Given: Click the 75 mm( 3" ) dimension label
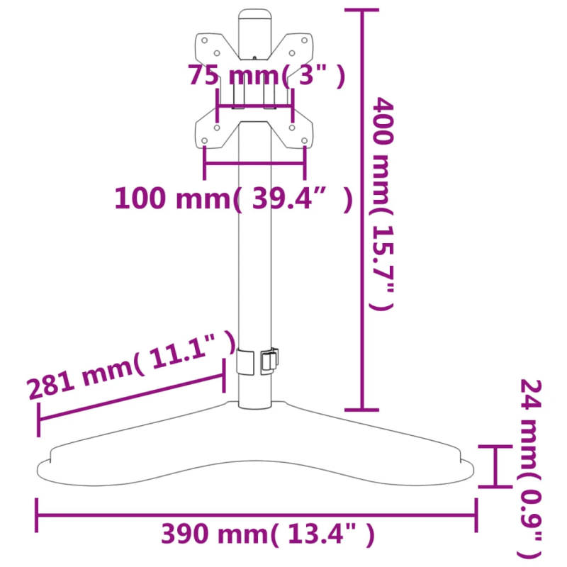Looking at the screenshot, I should pos(266,76).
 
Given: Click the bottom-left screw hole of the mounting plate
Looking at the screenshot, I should pos(206,140).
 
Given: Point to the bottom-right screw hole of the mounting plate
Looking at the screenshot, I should pos(305,140).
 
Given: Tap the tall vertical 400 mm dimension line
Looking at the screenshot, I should pos(363,213).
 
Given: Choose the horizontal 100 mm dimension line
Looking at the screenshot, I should pos(254,164).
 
